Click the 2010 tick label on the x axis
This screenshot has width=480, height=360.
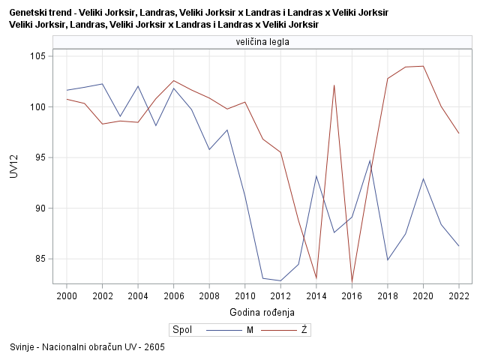pos(244,295)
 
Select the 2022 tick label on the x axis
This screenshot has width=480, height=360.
pos(458,295)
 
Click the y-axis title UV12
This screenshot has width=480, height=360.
pos(13,166)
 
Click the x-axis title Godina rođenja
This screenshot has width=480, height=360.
pos(262,312)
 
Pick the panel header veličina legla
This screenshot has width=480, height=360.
pos(262,42)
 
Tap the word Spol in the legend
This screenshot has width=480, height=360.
pos(182,329)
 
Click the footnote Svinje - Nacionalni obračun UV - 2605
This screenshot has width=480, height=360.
pos(88,347)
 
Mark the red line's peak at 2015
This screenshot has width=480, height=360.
pos(334,85)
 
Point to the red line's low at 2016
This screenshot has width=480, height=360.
pos(352,281)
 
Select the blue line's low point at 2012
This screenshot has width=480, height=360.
pos(280,280)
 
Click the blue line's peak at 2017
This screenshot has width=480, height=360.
pos(370,160)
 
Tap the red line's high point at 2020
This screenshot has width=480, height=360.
pos(423,66)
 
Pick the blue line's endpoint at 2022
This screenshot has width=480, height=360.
pos(458,245)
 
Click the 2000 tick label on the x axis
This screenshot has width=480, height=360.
pos(67,295)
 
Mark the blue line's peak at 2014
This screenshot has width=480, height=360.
pos(316,176)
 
